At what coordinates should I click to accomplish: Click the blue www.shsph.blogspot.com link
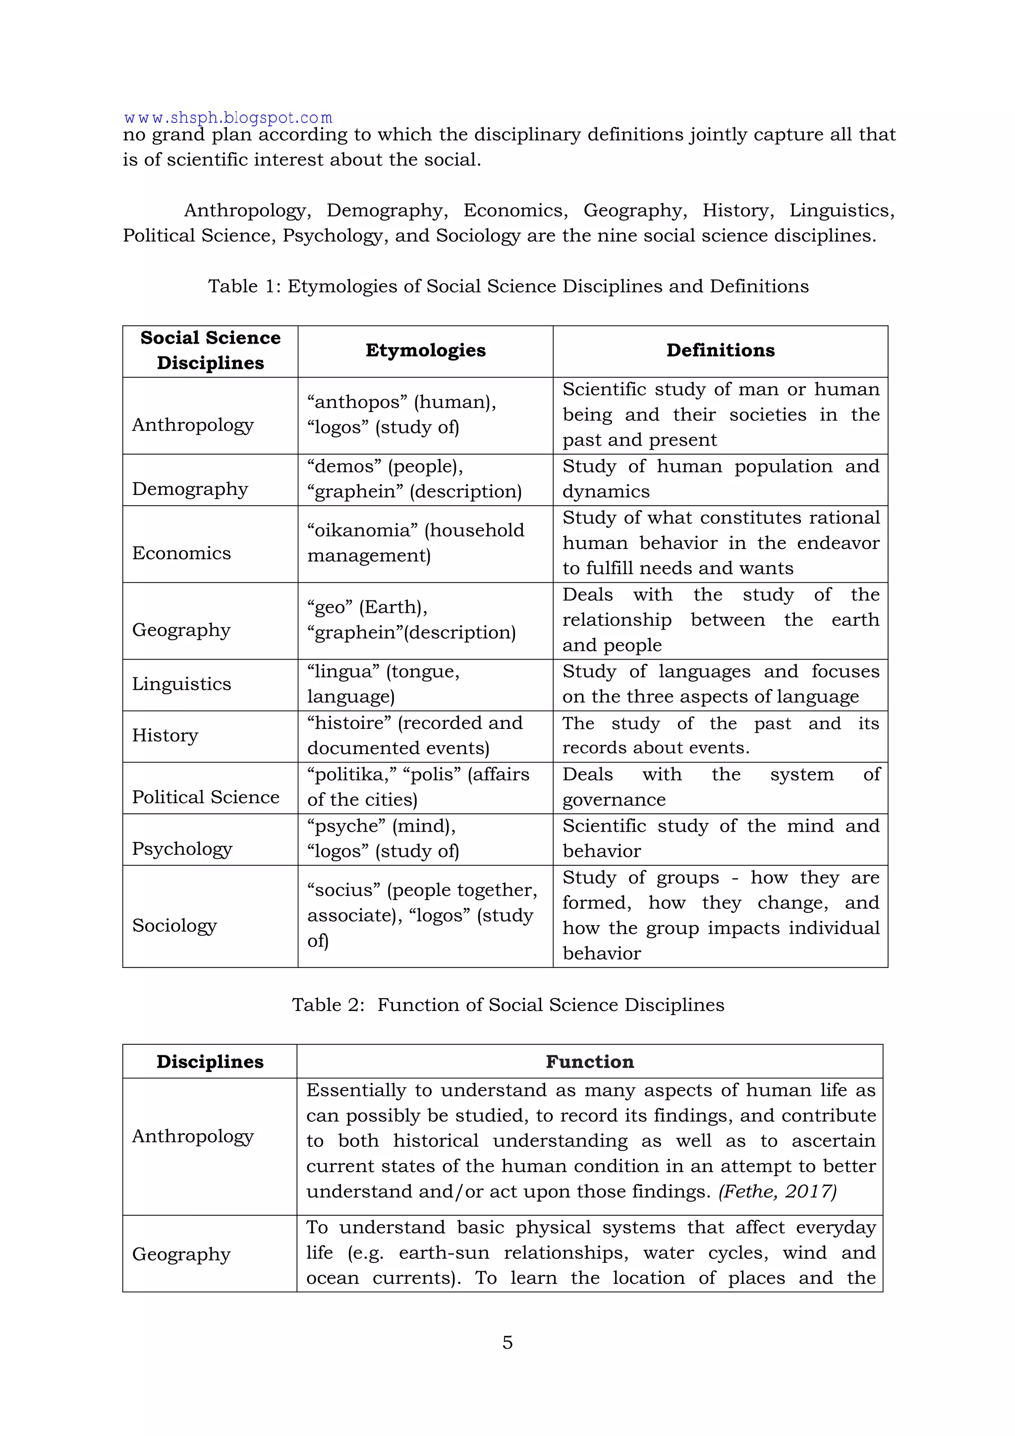[x=228, y=118]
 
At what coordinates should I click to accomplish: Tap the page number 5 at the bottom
[x=507, y=1342]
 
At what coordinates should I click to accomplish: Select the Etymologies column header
[x=425, y=350]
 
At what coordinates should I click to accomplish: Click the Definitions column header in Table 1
[x=720, y=350]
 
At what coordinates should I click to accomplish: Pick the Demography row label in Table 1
[x=190, y=489]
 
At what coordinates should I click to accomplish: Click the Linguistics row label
[x=181, y=684]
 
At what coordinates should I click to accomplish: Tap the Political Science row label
[x=206, y=797]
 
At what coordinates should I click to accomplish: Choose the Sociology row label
[x=174, y=926]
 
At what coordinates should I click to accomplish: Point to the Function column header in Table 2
[x=589, y=1062]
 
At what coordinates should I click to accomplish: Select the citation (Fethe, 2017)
[x=778, y=1192]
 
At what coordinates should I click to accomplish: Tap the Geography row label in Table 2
[x=181, y=1254]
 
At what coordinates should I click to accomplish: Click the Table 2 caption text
[x=507, y=1005]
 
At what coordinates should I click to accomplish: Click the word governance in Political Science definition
[x=614, y=800]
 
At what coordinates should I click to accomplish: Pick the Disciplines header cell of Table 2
[x=210, y=1062]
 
